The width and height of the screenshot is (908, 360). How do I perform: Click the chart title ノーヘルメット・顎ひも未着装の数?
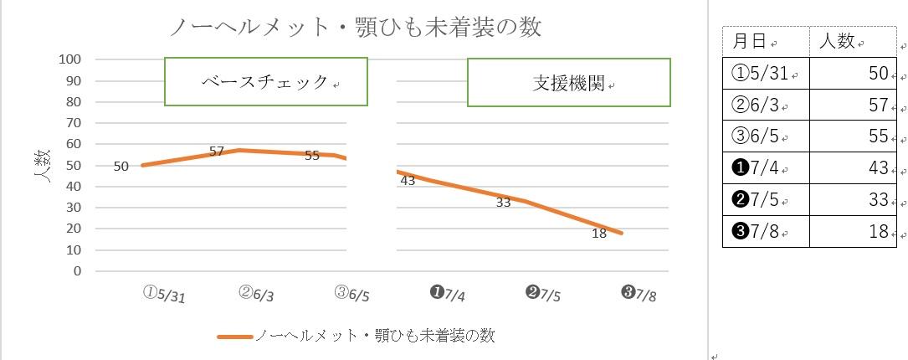(355, 28)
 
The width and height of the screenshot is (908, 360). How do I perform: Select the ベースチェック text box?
(266, 82)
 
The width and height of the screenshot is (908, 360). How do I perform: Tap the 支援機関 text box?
(569, 83)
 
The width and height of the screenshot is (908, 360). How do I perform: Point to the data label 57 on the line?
(217, 152)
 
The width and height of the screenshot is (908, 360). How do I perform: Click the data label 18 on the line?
(598, 234)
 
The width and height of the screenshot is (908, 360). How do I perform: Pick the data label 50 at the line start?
(121, 166)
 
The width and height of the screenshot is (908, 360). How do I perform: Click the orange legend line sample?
(234, 337)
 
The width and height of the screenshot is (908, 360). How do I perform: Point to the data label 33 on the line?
(503, 202)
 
